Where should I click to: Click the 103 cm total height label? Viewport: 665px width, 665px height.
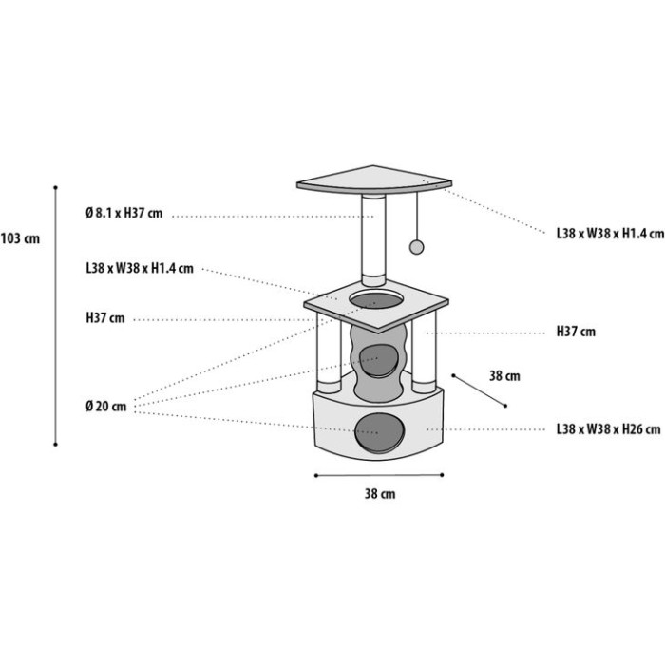coord(20,238)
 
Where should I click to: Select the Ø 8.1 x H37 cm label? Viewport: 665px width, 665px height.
coord(123,213)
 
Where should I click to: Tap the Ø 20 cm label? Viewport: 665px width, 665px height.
coord(106,407)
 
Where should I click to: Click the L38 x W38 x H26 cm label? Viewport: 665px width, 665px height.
coord(609,429)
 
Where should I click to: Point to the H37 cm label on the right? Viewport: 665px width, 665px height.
coord(576,332)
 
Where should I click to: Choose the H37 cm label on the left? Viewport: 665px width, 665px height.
coord(105,318)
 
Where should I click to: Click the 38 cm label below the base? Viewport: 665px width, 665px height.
coord(380,494)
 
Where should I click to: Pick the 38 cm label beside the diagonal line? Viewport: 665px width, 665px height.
coord(504,376)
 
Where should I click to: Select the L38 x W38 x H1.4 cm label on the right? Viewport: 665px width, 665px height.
coord(610,234)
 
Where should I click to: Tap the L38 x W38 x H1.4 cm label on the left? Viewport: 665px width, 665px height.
coord(140,268)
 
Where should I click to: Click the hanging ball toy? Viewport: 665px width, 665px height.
coord(416,248)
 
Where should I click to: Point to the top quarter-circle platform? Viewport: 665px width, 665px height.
coord(373,180)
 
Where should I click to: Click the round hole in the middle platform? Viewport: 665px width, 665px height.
coord(376,300)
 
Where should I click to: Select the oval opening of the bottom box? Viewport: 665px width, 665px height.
coord(380,432)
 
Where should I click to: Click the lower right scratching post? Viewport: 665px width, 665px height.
coord(424,354)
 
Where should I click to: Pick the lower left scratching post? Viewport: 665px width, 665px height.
coord(329,352)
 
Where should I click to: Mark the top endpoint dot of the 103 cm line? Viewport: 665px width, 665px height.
coord(55,187)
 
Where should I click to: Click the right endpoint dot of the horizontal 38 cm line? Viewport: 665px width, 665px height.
coord(442,475)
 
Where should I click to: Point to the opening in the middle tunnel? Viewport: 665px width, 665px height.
coord(377,361)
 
